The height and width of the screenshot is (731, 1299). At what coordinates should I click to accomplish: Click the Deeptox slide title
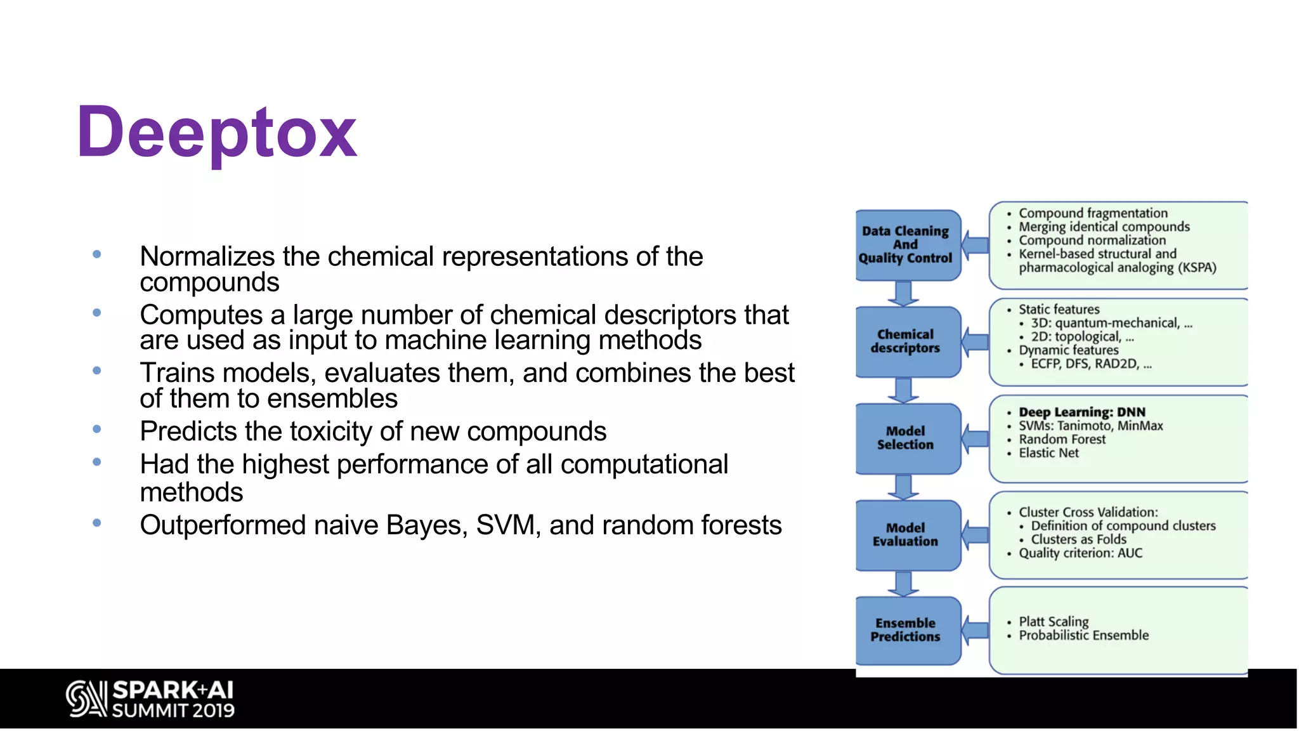click(216, 133)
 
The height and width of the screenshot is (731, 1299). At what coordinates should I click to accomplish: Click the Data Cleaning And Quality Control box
click(906, 245)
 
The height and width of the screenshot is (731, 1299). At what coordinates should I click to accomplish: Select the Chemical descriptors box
click(906, 341)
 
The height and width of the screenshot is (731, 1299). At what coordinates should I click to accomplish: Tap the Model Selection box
click(906, 438)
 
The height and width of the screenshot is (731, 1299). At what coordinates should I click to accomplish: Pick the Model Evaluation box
click(906, 534)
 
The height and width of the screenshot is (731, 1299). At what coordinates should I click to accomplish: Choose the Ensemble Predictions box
click(906, 630)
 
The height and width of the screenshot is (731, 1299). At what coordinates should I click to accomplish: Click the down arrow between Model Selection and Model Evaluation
click(903, 487)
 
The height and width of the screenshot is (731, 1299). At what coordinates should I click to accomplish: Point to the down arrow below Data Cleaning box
click(903, 294)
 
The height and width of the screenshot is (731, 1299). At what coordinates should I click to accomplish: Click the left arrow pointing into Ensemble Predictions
click(975, 630)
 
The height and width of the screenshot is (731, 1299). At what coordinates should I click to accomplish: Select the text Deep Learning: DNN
click(1082, 412)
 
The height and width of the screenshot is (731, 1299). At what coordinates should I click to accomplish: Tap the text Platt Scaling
click(1054, 621)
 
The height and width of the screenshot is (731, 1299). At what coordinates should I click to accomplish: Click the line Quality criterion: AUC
click(1080, 553)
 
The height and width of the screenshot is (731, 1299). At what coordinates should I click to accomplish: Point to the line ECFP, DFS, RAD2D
click(1090, 364)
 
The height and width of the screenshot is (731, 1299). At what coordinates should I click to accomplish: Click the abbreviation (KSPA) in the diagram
click(1197, 268)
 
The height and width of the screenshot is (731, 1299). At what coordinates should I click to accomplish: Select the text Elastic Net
click(1048, 453)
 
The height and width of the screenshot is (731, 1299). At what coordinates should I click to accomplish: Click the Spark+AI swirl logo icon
click(86, 699)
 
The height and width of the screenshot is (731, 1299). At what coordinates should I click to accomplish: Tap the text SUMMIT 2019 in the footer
click(173, 711)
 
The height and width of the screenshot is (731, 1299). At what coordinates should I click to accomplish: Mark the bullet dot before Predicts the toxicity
click(97, 430)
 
